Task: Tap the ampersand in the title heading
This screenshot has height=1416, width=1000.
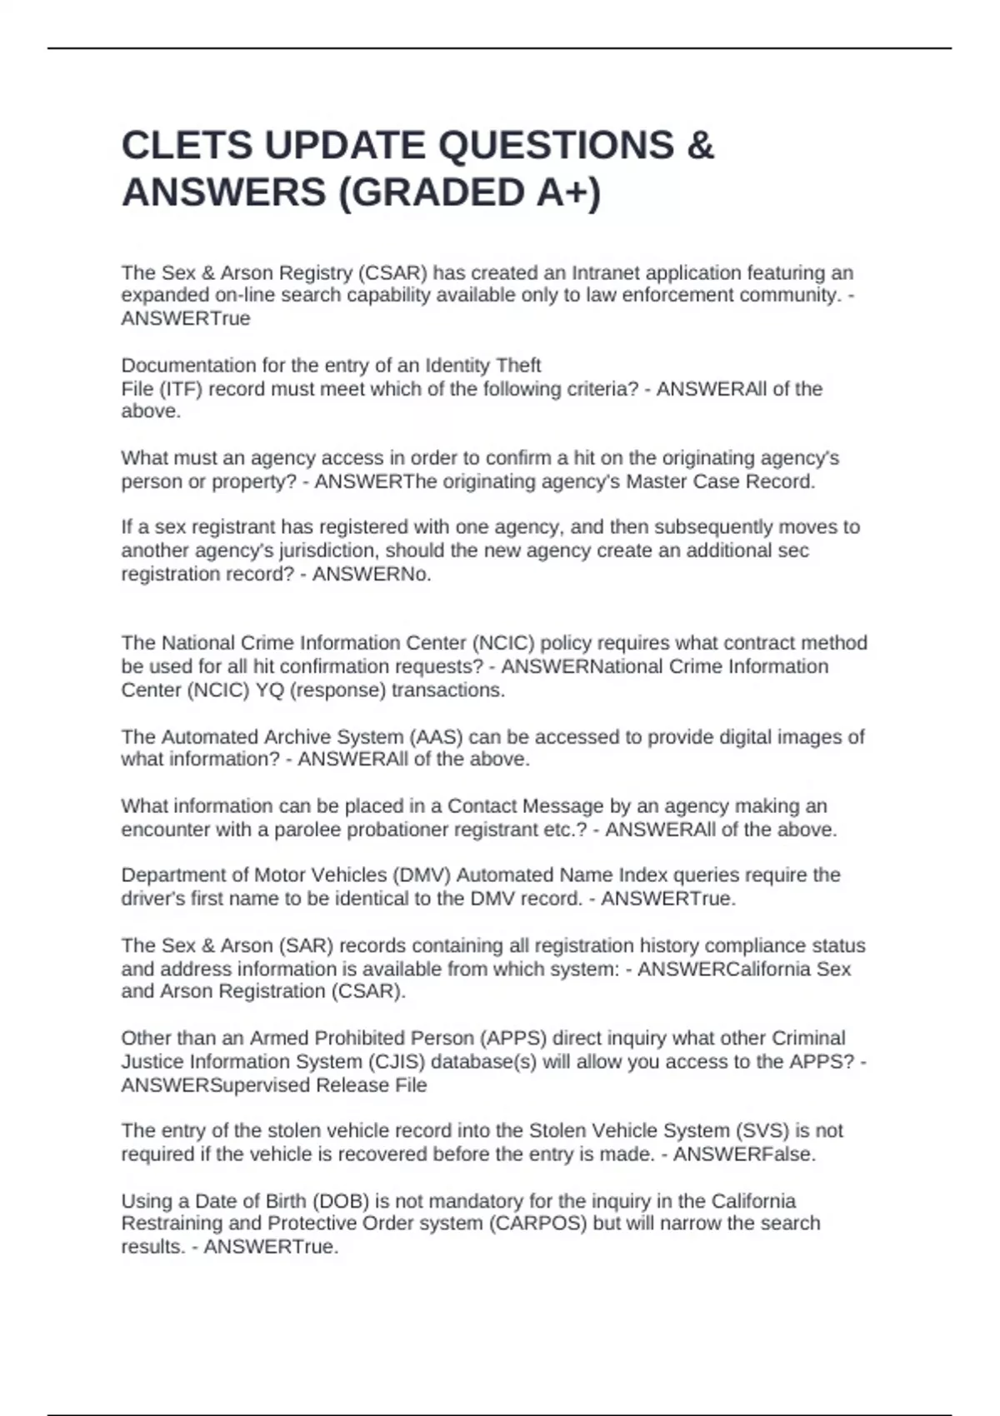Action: pyautogui.click(x=702, y=146)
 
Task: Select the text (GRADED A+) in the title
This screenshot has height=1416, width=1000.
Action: pyautogui.click(x=469, y=192)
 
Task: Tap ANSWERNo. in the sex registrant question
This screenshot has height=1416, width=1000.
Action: pyautogui.click(x=372, y=574)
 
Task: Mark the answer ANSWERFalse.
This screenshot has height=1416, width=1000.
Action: pyautogui.click(x=744, y=1154)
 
